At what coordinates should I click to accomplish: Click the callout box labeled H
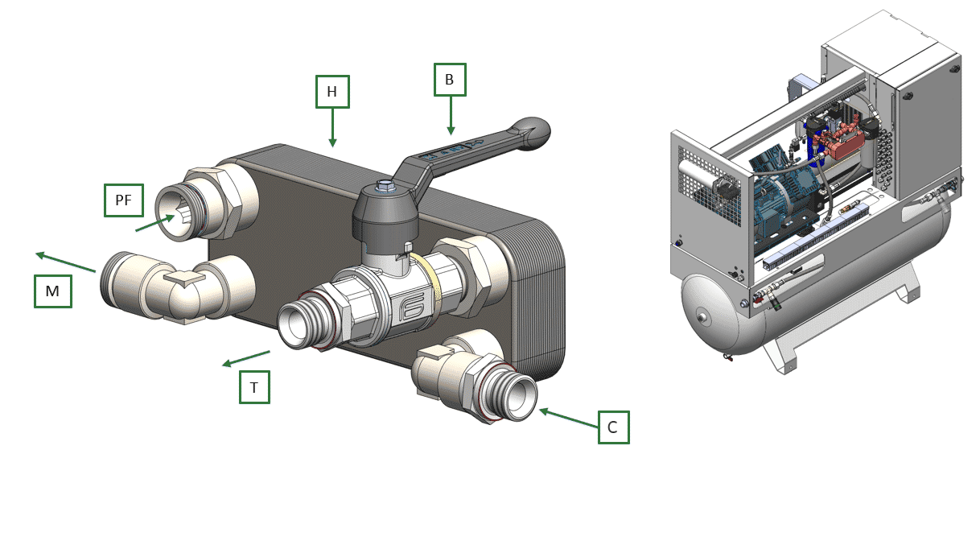(332, 92)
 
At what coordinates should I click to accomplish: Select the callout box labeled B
(450, 80)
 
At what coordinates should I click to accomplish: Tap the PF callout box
(124, 200)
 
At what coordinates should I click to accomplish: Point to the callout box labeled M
(53, 291)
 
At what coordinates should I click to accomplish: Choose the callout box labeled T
(254, 387)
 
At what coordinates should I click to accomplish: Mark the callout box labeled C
(613, 427)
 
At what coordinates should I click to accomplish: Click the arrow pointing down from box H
(332, 127)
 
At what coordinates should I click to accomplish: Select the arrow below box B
(451, 116)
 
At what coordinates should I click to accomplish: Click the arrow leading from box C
(569, 419)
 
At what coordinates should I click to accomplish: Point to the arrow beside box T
(246, 358)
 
